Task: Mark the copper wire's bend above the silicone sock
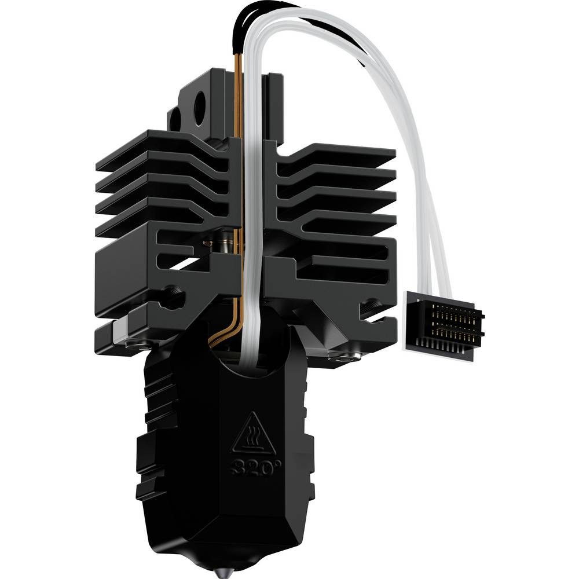223,336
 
